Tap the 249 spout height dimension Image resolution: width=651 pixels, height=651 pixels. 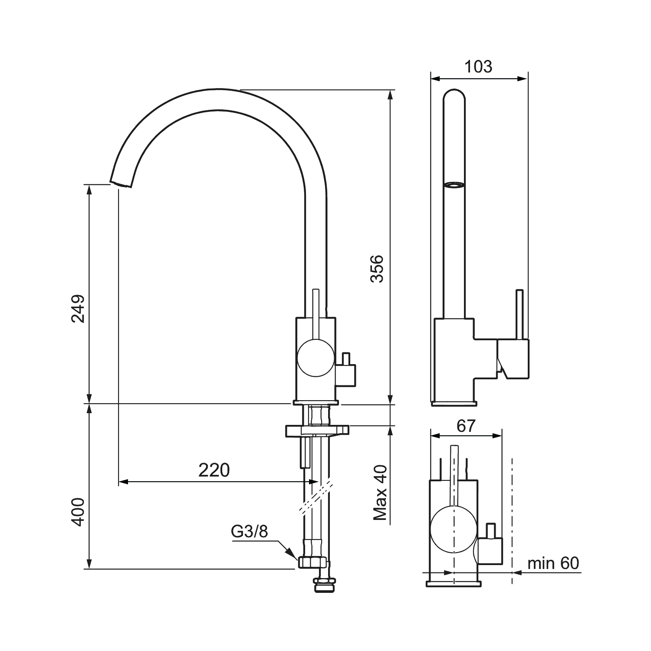(78, 309)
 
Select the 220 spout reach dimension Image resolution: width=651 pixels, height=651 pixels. (214, 470)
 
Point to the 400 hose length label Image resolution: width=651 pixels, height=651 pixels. (78, 513)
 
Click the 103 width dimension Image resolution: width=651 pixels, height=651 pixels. (478, 67)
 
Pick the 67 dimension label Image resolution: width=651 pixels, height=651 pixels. (467, 426)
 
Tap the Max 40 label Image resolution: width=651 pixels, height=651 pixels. (380, 493)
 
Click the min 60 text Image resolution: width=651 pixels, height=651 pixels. (553, 563)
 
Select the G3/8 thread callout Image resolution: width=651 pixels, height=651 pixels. (250, 532)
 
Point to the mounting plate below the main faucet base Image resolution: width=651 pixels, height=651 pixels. (317, 431)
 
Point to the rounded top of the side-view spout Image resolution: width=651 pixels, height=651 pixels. (454, 94)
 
